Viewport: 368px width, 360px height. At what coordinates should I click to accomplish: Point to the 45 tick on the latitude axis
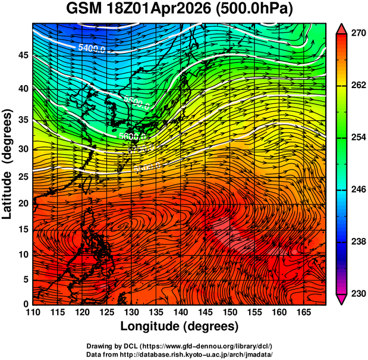[x=22, y=55]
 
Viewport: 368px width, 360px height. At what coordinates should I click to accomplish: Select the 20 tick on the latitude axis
[x=22, y=204]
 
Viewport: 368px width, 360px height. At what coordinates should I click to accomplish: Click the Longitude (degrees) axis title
[x=180, y=327]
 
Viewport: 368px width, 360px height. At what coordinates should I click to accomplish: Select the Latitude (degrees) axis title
[x=8, y=164]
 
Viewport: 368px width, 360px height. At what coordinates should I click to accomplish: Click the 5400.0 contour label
[x=92, y=48]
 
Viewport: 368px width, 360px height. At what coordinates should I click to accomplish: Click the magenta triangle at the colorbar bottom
[x=342, y=300]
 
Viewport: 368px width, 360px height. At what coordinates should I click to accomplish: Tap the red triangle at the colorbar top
[x=342, y=27]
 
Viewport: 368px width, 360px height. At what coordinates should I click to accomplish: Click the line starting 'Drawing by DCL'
[x=180, y=346]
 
